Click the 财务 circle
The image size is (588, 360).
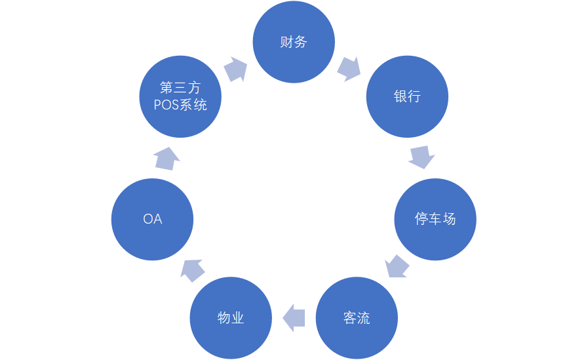pos(294,43)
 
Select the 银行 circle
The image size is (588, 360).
pos(407,97)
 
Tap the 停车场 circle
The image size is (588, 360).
pos(435,219)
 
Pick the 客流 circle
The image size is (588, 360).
pos(357,318)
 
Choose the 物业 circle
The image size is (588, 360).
pos(231,318)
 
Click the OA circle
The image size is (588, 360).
pos(153,219)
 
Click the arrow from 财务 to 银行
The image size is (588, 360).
pos(349,68)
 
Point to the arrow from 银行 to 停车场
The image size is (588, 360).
pos(421,157)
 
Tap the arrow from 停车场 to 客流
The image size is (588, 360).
pos(397,266)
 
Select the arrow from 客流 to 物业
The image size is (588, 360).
pos(294,317)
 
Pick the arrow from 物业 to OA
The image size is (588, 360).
pos(192,269)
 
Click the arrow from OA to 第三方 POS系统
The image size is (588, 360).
pos(167,158)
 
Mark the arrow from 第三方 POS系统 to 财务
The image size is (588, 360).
pos(235,69)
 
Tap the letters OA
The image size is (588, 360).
pos(153,219)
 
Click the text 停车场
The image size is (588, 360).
pos(435,219)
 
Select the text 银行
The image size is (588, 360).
pos(407,97)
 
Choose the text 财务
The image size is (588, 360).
pos(294,43)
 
